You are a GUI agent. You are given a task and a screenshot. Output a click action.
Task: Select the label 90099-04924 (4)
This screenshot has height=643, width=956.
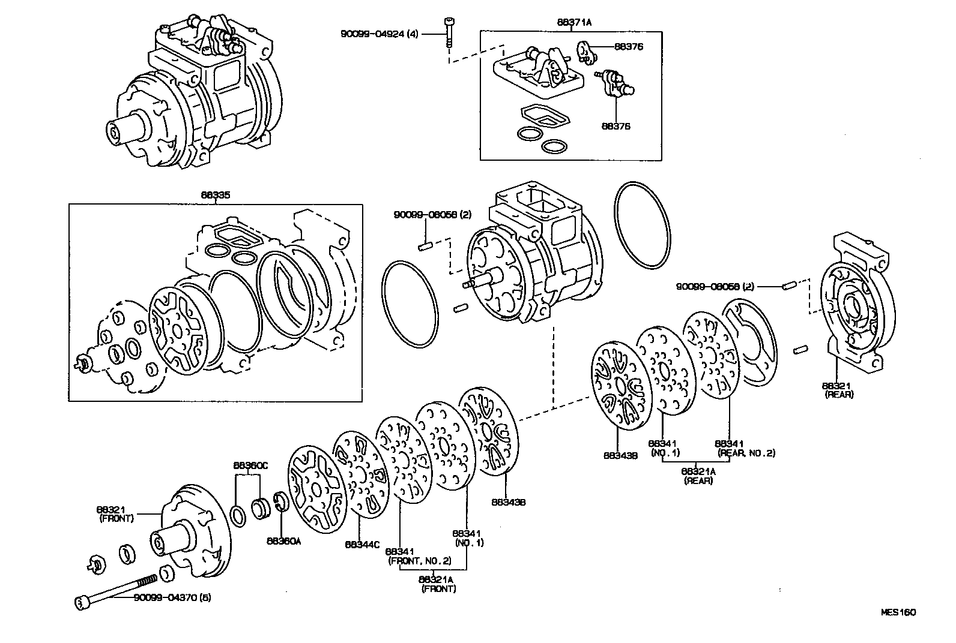379,34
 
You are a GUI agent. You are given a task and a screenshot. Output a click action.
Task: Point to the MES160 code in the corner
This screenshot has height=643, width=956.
898,612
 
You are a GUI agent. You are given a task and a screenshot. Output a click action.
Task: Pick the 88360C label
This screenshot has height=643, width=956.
250,465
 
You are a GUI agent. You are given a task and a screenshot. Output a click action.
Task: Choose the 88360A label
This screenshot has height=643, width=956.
283,540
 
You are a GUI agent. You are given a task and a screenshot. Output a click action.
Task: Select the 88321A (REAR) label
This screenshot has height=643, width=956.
698,476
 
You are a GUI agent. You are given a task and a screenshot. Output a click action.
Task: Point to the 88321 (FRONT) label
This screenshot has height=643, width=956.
116,513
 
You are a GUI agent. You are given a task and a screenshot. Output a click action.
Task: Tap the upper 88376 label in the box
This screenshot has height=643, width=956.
628,46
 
